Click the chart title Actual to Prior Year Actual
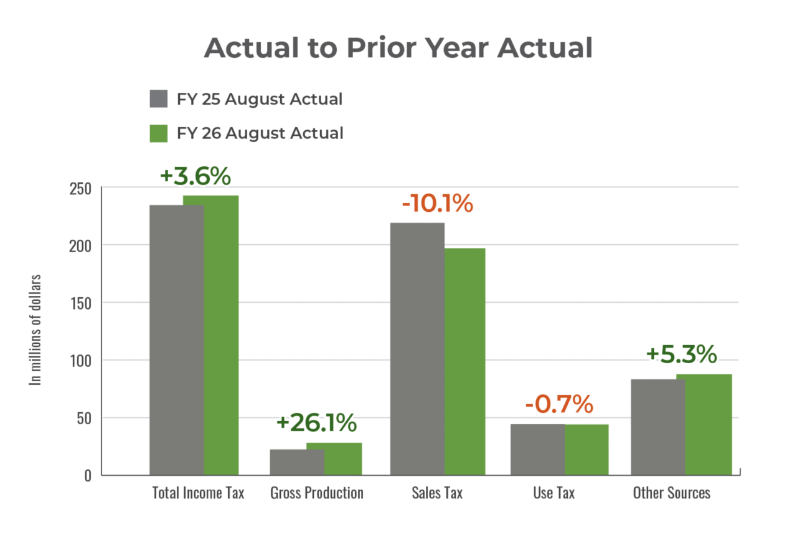tap(398, 48)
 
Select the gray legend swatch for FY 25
tap(159, 99)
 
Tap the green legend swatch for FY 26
tap(159, 133)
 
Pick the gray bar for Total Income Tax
tap(176, 339)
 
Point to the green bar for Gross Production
tap(334, 458)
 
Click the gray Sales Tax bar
tap(417, 349)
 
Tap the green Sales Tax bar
tap(466, 361)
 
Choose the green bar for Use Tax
tap(587, 449)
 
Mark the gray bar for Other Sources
tap(658, 427)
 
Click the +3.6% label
tap(195, 176)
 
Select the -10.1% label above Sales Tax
tap(437, 204)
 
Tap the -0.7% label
tap(559, 404)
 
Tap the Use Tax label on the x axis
tap(554, 493)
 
